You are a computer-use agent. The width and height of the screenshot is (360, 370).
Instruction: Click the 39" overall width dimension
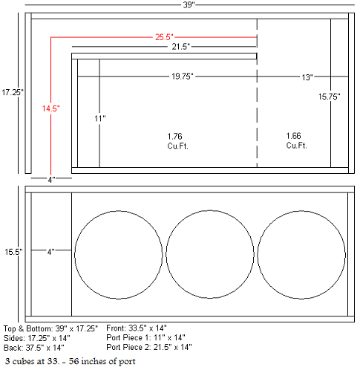pyautogui.click(x=189, y=4)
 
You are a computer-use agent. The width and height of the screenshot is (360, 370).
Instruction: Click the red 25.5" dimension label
pyautogui.click(x=164, y=37)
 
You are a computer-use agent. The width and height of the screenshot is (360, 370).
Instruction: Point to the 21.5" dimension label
pyautogui.click(x=181, y=47)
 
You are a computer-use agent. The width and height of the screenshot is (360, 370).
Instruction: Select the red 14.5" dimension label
pyautogui.click(x=50, y=108)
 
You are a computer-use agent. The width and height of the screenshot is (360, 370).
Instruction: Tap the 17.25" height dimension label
pyautogui.click(x=13, y=92)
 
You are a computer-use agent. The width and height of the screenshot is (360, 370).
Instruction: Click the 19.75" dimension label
pyautogui.click(x=183, y=77)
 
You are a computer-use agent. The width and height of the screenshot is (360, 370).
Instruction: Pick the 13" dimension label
pyautogui.click(x=307, y=77)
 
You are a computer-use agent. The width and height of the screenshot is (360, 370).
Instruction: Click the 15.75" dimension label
pyautogui.click(x=330, y=97)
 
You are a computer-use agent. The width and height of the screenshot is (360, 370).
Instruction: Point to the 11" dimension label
pyautogui.click(x=100, y=119)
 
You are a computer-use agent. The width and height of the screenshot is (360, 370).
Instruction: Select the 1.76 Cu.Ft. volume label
pyautogui.click(x=177, y=141)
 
